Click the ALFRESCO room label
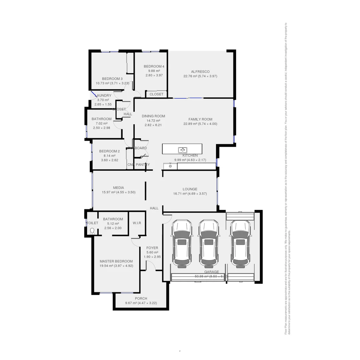200,72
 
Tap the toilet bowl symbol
92,230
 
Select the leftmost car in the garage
182,244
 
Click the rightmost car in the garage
240,244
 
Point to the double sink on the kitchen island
182,150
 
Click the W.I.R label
137,223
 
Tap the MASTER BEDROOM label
116,261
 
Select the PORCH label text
141,298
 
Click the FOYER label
152,248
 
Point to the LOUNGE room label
190,189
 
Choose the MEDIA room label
118,188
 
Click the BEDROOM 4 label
154,66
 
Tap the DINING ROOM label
153,116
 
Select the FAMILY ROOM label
200,119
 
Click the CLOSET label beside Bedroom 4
156,94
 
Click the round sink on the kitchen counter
170,166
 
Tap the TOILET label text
92,223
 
